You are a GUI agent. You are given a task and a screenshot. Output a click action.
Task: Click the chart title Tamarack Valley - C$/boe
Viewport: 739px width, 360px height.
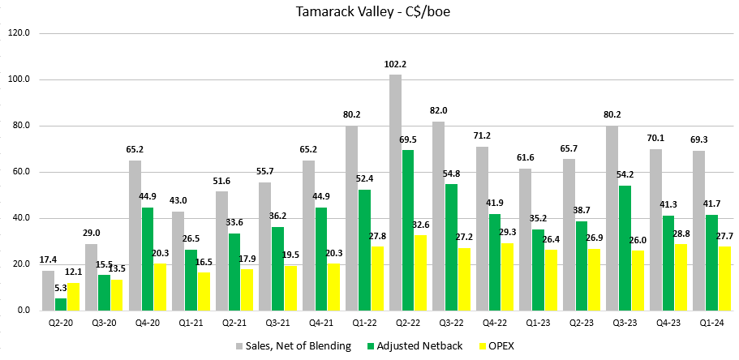[370, 12]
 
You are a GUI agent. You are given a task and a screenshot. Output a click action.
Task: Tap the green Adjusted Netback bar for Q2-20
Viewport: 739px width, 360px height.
[61, 304]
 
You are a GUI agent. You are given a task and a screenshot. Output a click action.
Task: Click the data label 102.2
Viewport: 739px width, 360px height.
[395, 65]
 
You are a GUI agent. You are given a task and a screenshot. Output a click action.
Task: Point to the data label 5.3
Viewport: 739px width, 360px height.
[62, 288]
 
